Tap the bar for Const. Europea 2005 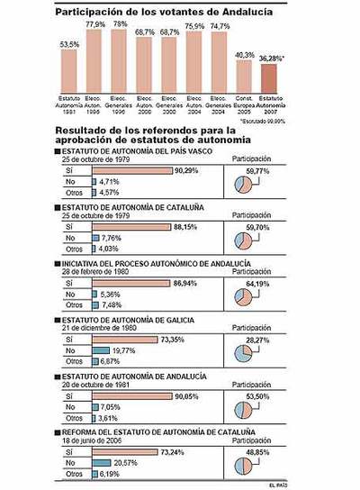coord(244,76)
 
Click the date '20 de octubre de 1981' coord(94,384)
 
